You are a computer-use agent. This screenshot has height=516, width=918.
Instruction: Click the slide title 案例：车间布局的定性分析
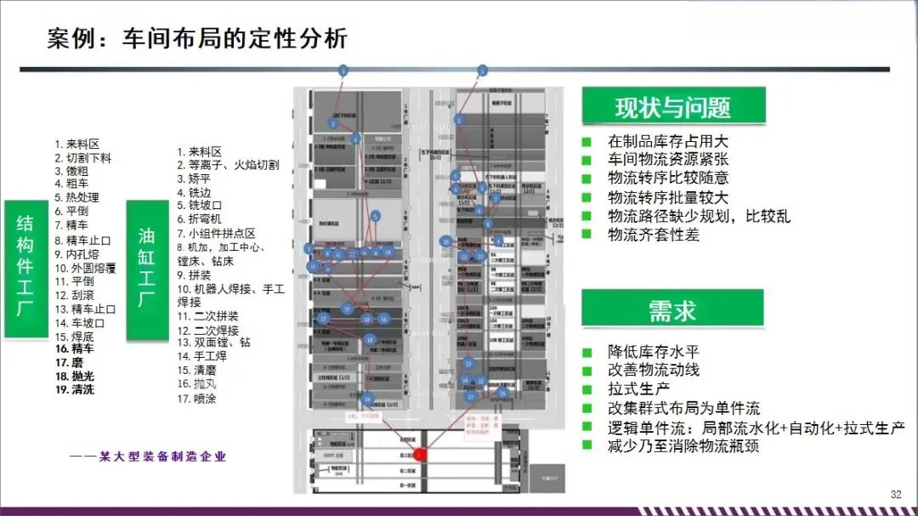tap(197, 40)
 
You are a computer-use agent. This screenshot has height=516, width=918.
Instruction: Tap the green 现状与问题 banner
tap(672, 107)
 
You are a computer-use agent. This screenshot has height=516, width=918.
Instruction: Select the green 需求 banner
tap(672, 309)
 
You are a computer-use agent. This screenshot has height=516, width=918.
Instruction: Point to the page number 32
tap(895, 495)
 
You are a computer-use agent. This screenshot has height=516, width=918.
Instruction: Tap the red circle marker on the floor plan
tap(419, 455)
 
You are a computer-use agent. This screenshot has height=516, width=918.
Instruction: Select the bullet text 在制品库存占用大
tap(667, 142)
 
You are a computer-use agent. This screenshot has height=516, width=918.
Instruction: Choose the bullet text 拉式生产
tap(638, 389)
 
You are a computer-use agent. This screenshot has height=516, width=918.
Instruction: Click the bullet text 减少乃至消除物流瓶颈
tap(683, 445)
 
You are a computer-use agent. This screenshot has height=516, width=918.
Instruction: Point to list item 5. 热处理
tap(76, 197)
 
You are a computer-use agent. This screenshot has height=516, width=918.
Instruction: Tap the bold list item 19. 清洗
tap(75, 390)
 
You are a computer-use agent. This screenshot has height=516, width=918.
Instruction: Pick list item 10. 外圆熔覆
tap(86, 267)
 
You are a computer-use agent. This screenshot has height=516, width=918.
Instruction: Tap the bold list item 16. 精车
tap(75, 349)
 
